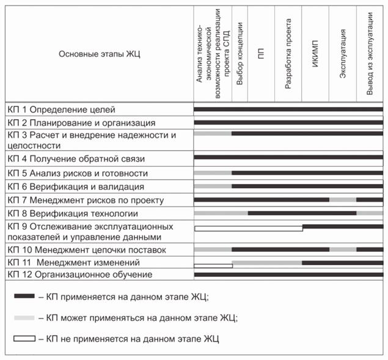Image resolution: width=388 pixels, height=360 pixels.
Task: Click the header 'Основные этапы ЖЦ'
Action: (100, 54)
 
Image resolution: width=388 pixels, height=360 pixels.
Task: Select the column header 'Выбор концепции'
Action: (240, 54)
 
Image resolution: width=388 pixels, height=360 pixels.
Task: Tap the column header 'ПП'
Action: (262, 54)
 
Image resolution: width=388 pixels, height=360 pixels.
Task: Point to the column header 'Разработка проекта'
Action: (288, 54)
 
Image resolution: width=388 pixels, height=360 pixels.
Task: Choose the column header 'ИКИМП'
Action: (315, 54)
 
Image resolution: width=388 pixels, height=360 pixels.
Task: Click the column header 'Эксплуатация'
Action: (343, 54)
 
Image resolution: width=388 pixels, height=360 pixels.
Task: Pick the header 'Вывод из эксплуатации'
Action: (370, 54)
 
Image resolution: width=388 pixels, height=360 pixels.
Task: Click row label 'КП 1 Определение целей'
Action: (61, 110)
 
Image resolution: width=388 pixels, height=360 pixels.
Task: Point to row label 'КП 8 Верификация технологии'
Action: (73, 213)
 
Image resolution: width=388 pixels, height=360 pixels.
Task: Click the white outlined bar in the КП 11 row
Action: (213, 266)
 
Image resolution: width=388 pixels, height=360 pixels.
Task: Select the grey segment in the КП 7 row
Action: (343, 200)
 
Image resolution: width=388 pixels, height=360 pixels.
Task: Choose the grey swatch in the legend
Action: (24, 318)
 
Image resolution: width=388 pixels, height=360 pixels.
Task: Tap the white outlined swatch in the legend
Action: (24, 338)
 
